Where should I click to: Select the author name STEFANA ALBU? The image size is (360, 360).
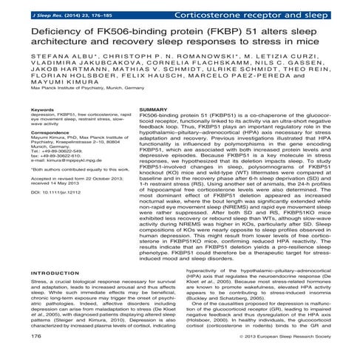[49, 56]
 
